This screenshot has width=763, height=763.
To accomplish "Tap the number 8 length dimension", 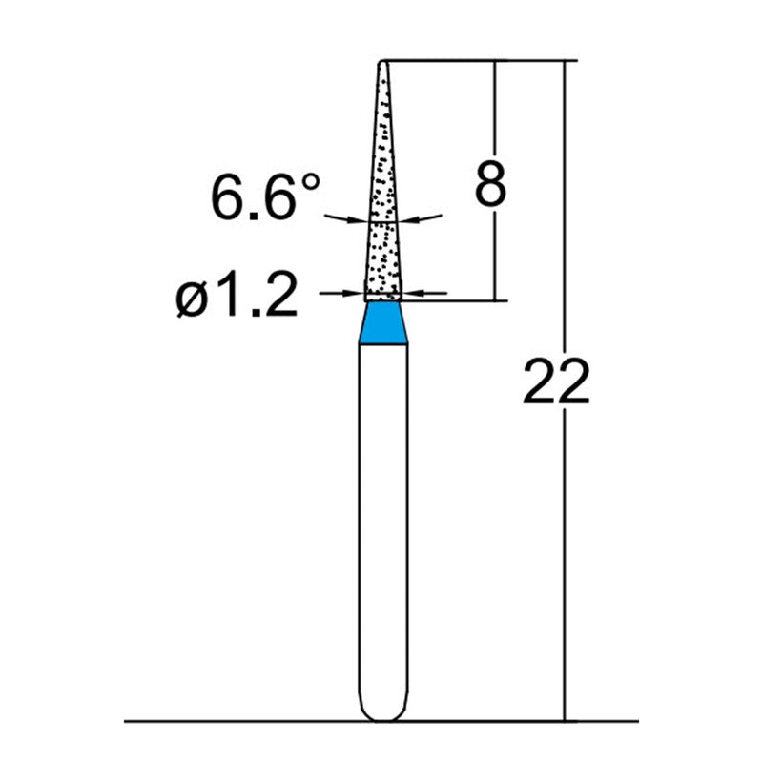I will [x=489, y=185].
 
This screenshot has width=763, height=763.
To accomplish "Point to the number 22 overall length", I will [x=556, y=383].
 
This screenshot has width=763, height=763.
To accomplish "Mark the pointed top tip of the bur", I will [x=382, y=63].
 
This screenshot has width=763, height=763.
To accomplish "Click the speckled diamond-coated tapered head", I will [x=383, y=210].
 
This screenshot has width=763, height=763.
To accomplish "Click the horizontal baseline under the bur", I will [x=238, y=721].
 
